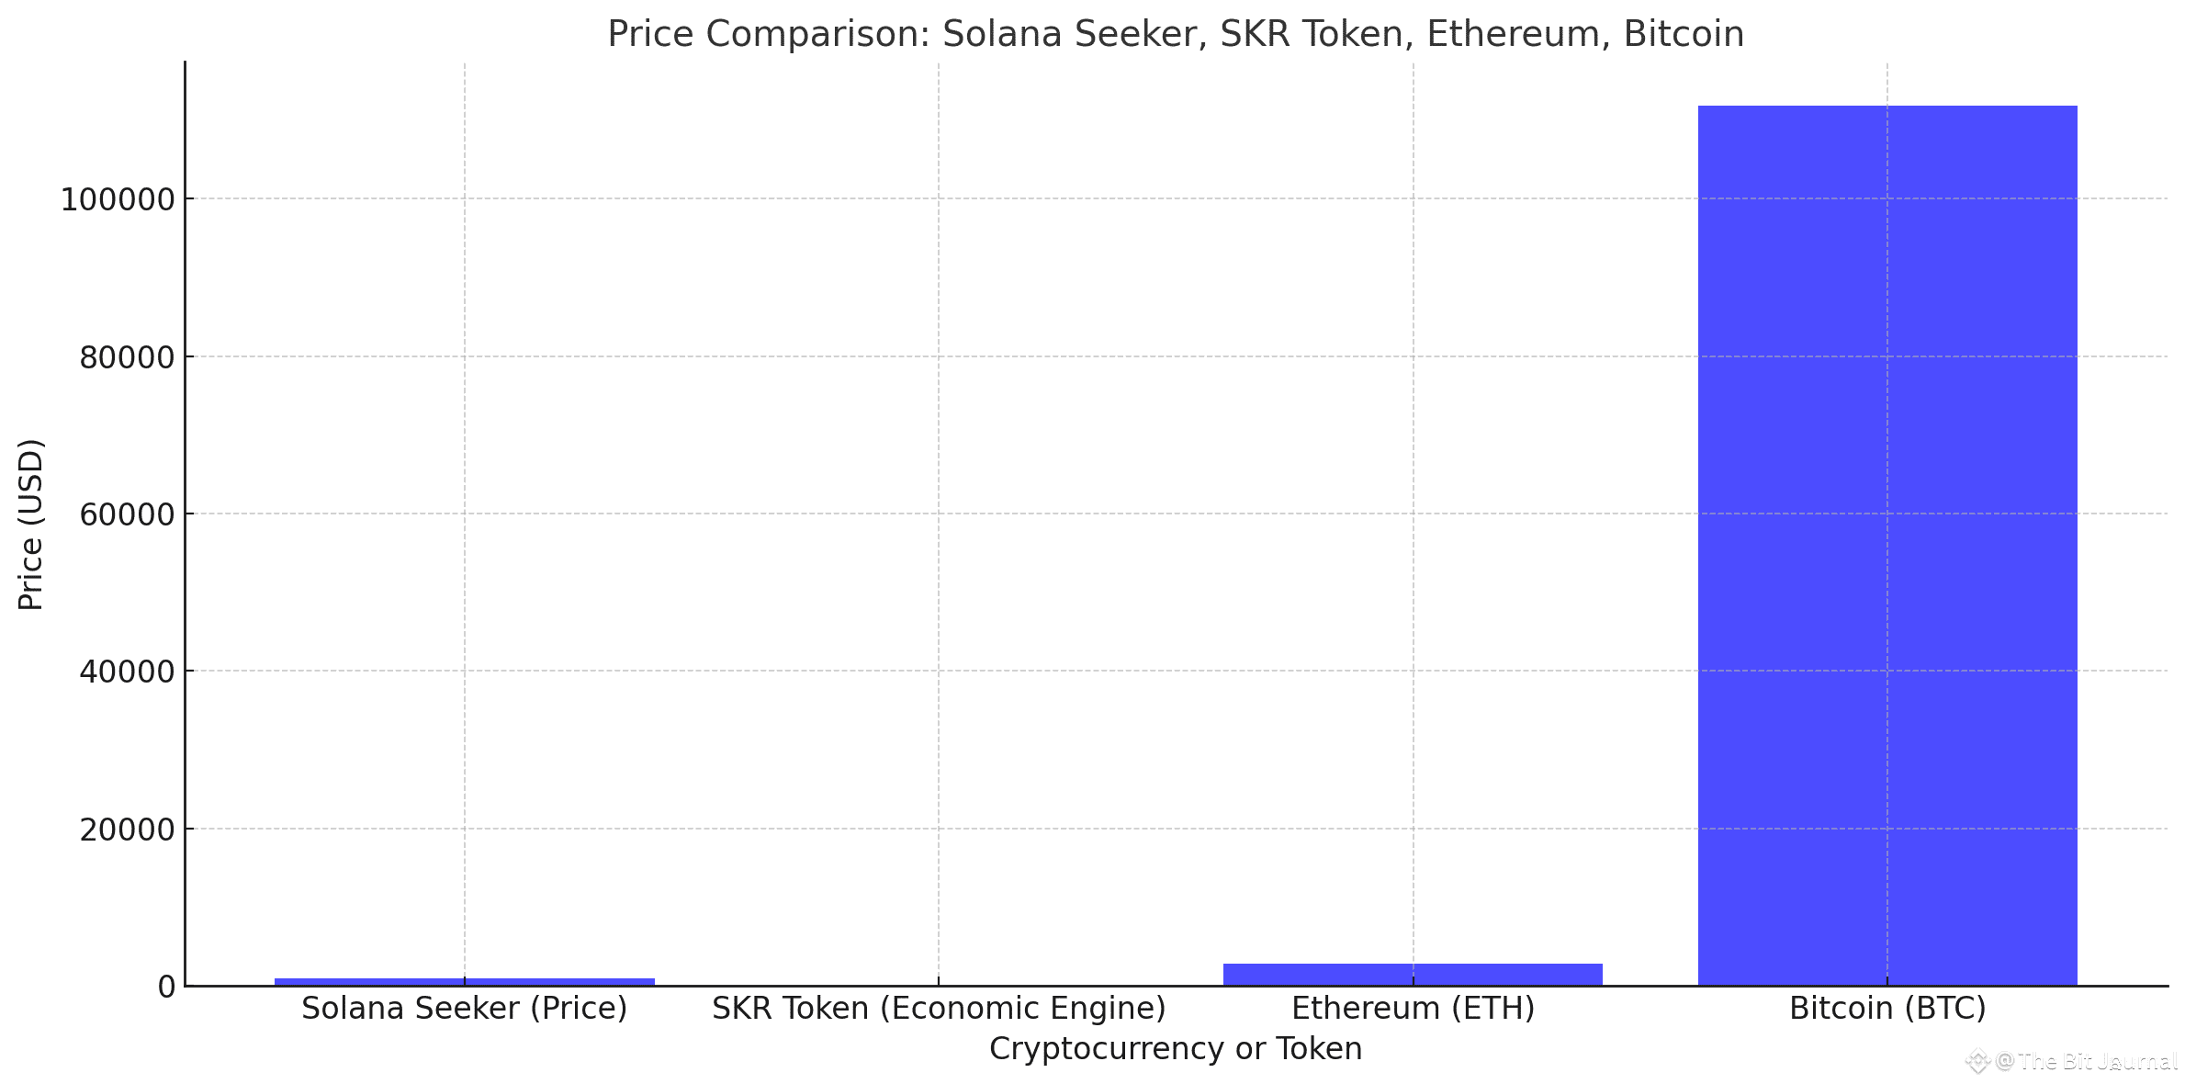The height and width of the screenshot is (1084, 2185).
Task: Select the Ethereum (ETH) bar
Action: coord(1413,975)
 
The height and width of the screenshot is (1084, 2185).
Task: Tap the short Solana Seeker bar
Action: coord(464,981)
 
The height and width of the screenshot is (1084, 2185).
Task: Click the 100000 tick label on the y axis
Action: coord(118,199)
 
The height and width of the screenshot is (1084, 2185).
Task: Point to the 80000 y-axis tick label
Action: coord(127,357)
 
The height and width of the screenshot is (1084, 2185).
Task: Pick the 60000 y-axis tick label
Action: coord(127,514)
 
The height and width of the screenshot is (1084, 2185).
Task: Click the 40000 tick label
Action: coord(127,672)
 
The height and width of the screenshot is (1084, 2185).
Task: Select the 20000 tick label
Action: coord(127,830)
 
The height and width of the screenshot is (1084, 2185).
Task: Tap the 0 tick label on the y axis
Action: coord(166,987)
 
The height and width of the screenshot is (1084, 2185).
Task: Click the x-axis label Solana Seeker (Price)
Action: coord(464,1009)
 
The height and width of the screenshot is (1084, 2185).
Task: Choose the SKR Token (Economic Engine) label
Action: coord(939,1009)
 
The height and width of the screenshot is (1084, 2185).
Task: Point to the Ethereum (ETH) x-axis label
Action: coord(1413,1009)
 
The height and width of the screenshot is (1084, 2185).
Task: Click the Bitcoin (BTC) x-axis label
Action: coord(1887,1009)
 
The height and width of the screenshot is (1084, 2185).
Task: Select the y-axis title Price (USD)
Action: coord(31,524)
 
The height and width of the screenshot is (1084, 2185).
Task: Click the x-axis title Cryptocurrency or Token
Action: coord(1176,1049)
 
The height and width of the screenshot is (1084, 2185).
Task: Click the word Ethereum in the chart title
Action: coord(1513,35)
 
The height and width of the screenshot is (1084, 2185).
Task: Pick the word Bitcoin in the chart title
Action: coord(1684,35)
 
